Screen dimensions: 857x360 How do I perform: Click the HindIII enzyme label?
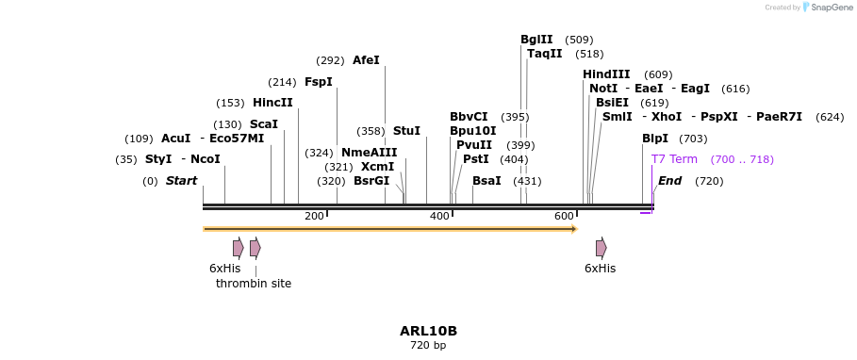tap(606, 74)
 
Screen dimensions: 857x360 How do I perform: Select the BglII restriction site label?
tap(536, 40)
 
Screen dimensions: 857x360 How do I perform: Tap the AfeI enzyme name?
tap(366, 60)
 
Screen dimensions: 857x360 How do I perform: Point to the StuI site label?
tap(406, 131)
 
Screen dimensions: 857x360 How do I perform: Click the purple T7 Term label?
tap(674, 159)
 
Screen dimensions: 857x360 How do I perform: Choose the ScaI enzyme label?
tap(264, 124)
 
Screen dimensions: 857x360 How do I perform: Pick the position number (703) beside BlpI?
tap(693, 139)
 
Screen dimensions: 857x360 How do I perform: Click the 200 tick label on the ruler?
tap(314, 217)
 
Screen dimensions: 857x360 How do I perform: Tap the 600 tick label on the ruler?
tap(564, 217)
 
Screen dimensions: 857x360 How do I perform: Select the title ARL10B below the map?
tap(428, 331)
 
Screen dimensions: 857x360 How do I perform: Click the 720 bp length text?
tap(428, 345)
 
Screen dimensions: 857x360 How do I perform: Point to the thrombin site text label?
tap(254, 284)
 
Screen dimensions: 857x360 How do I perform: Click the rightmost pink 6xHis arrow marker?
tap(602, 248)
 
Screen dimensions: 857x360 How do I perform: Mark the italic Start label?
tap(181, 181)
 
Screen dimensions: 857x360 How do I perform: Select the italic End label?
tap(669, 181)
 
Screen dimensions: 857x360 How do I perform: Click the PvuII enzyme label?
tap(474, 145)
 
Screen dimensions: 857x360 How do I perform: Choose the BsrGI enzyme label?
tap(371, 181)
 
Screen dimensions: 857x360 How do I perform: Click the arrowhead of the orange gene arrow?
tap(575, 229)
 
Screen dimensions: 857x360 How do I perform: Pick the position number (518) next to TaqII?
tap(590, 54)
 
